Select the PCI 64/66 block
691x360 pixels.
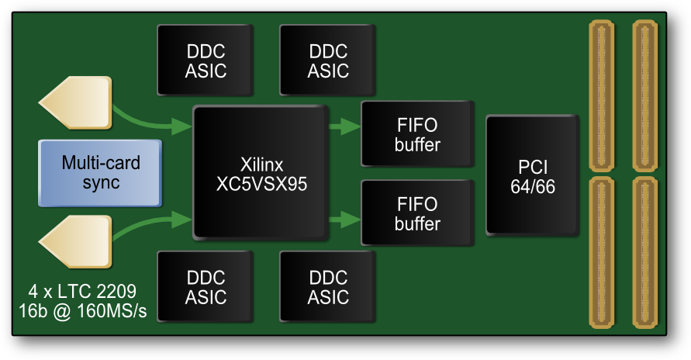[x=532, y=175]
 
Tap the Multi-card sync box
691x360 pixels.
[x=101, y=173]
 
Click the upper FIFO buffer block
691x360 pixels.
[x=416, y=133]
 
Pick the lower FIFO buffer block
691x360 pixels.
[x=416, y=213]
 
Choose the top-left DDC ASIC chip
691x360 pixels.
[x=206, y=61]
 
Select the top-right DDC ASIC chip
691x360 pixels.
[x=328, y=61]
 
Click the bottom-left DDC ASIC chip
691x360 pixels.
[x=206, y=287]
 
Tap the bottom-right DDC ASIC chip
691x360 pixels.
[x=328, y=287]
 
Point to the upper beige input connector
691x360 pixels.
[x=76, y=105]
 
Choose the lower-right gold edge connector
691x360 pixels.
[x=645, y=252]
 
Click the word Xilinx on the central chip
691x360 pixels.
[x=261, y=164]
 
